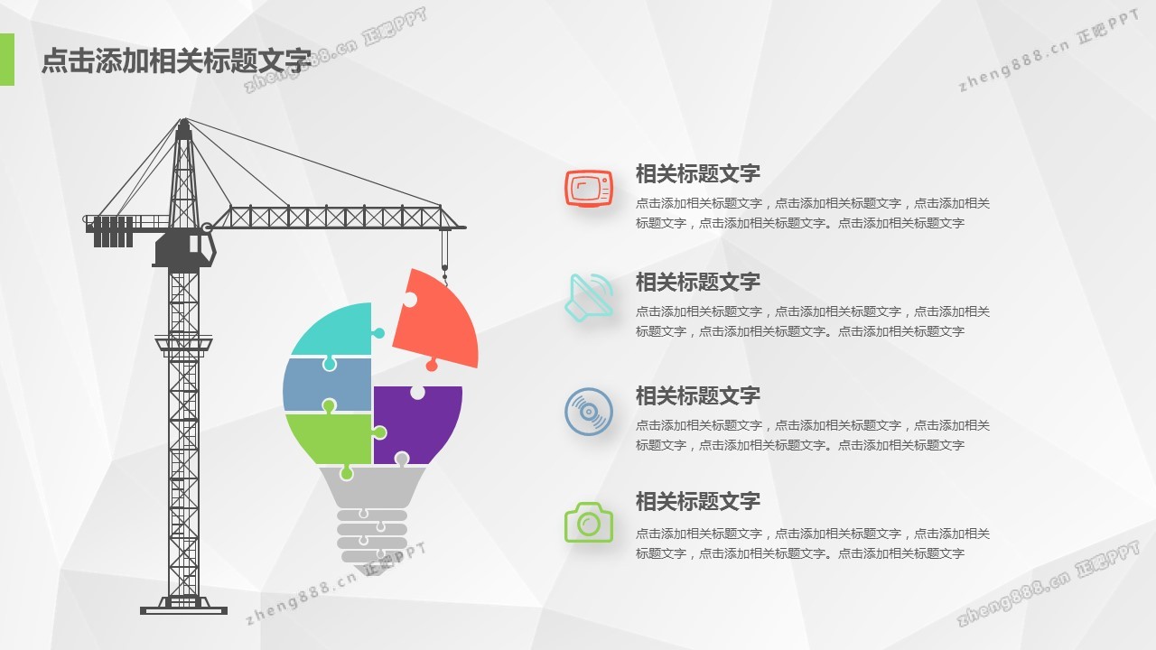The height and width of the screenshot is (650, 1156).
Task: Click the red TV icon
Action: coord(589,189)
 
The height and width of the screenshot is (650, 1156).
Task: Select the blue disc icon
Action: coord(589,412)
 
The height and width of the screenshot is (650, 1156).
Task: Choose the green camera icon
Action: coord(589,522)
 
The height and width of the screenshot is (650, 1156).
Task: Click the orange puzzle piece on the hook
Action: coord(437,322)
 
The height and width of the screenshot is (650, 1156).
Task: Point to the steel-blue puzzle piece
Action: coord(327,385)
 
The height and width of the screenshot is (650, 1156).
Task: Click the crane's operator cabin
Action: coord(185,249)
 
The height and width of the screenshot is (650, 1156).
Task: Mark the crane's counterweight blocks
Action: coord(113,232)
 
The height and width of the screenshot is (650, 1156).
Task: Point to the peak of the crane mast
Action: coord(183,120)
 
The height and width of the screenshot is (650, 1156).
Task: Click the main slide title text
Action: coord(176,60)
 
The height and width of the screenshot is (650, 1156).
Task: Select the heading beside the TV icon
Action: coord(698,174)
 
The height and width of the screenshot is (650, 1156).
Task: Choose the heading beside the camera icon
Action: coord(698,501)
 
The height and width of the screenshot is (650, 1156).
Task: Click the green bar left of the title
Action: coord(6,60)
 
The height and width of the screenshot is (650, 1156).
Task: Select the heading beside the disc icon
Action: coord(698,395)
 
